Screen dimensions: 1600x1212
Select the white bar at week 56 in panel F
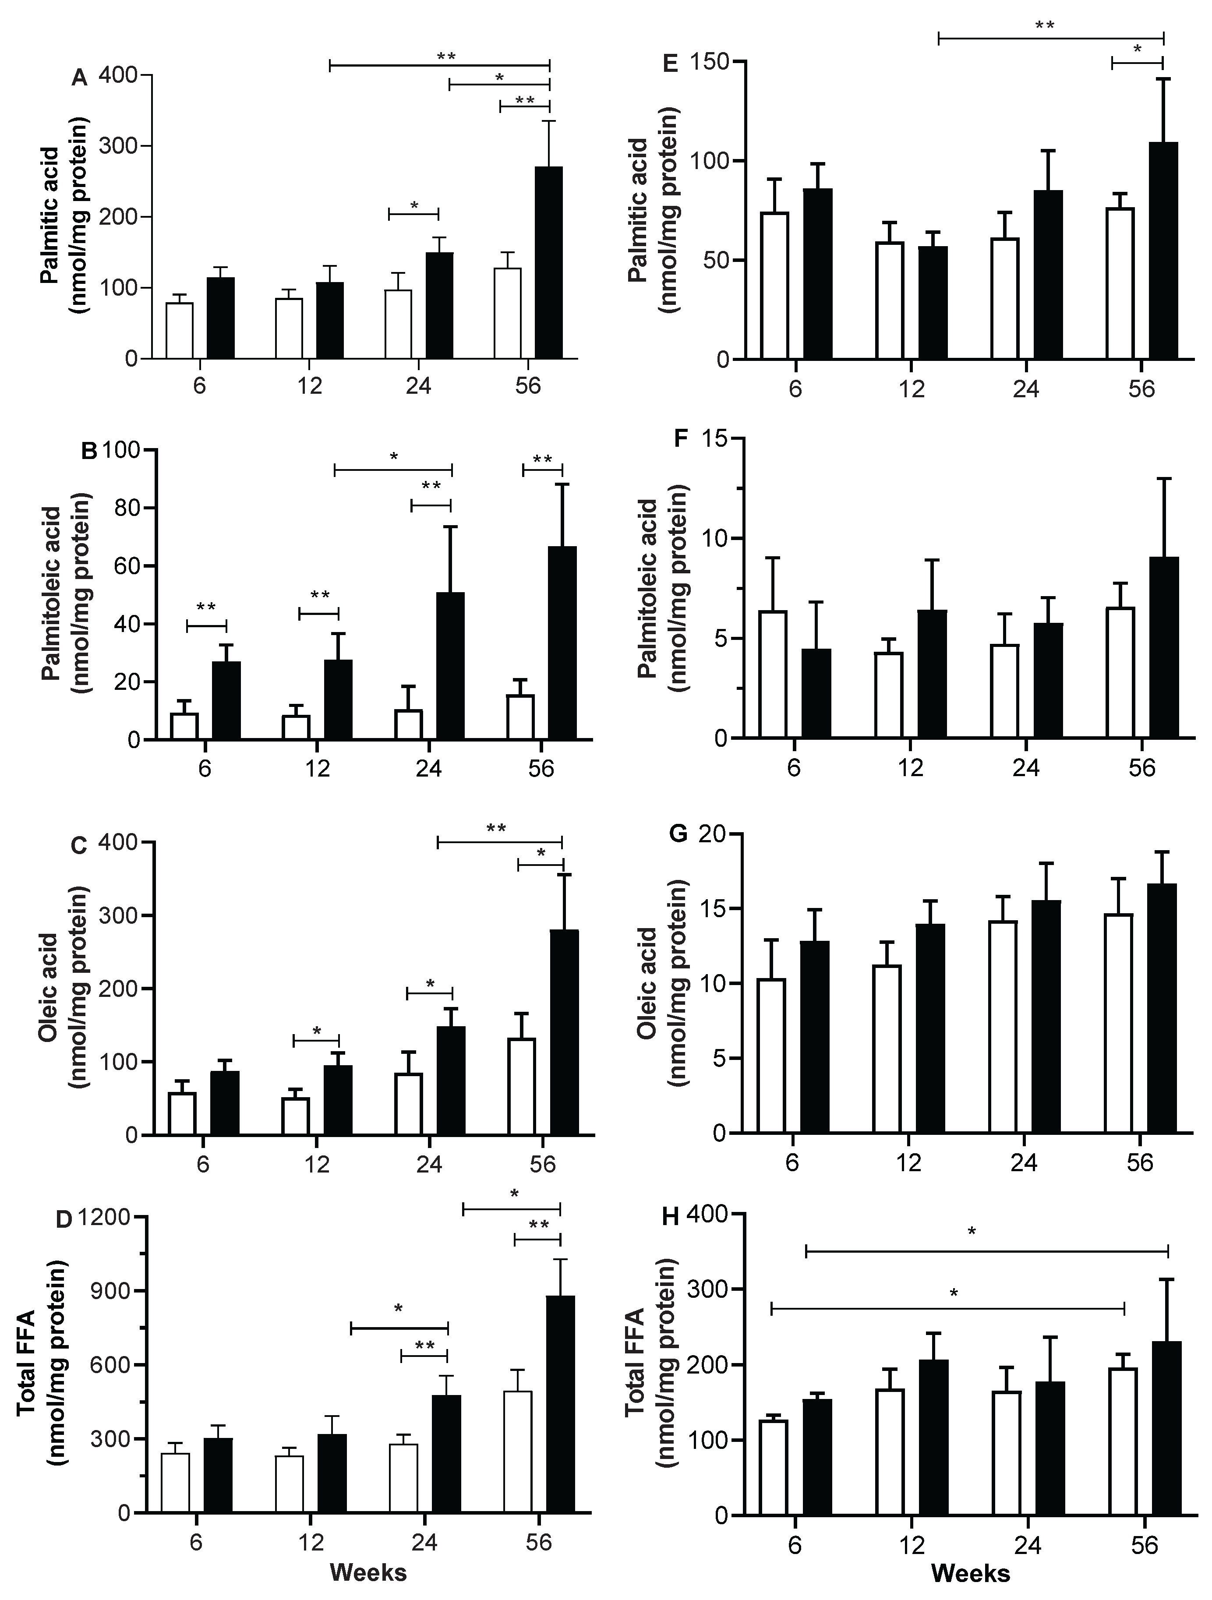[x=1120, y=673]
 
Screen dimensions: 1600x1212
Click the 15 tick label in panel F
[x=711, y=439]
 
